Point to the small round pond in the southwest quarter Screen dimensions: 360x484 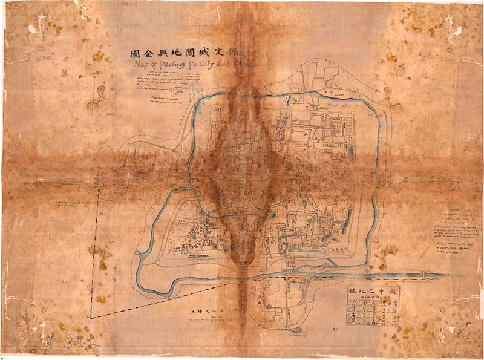point(226,247)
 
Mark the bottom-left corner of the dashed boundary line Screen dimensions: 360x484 point(90,317)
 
